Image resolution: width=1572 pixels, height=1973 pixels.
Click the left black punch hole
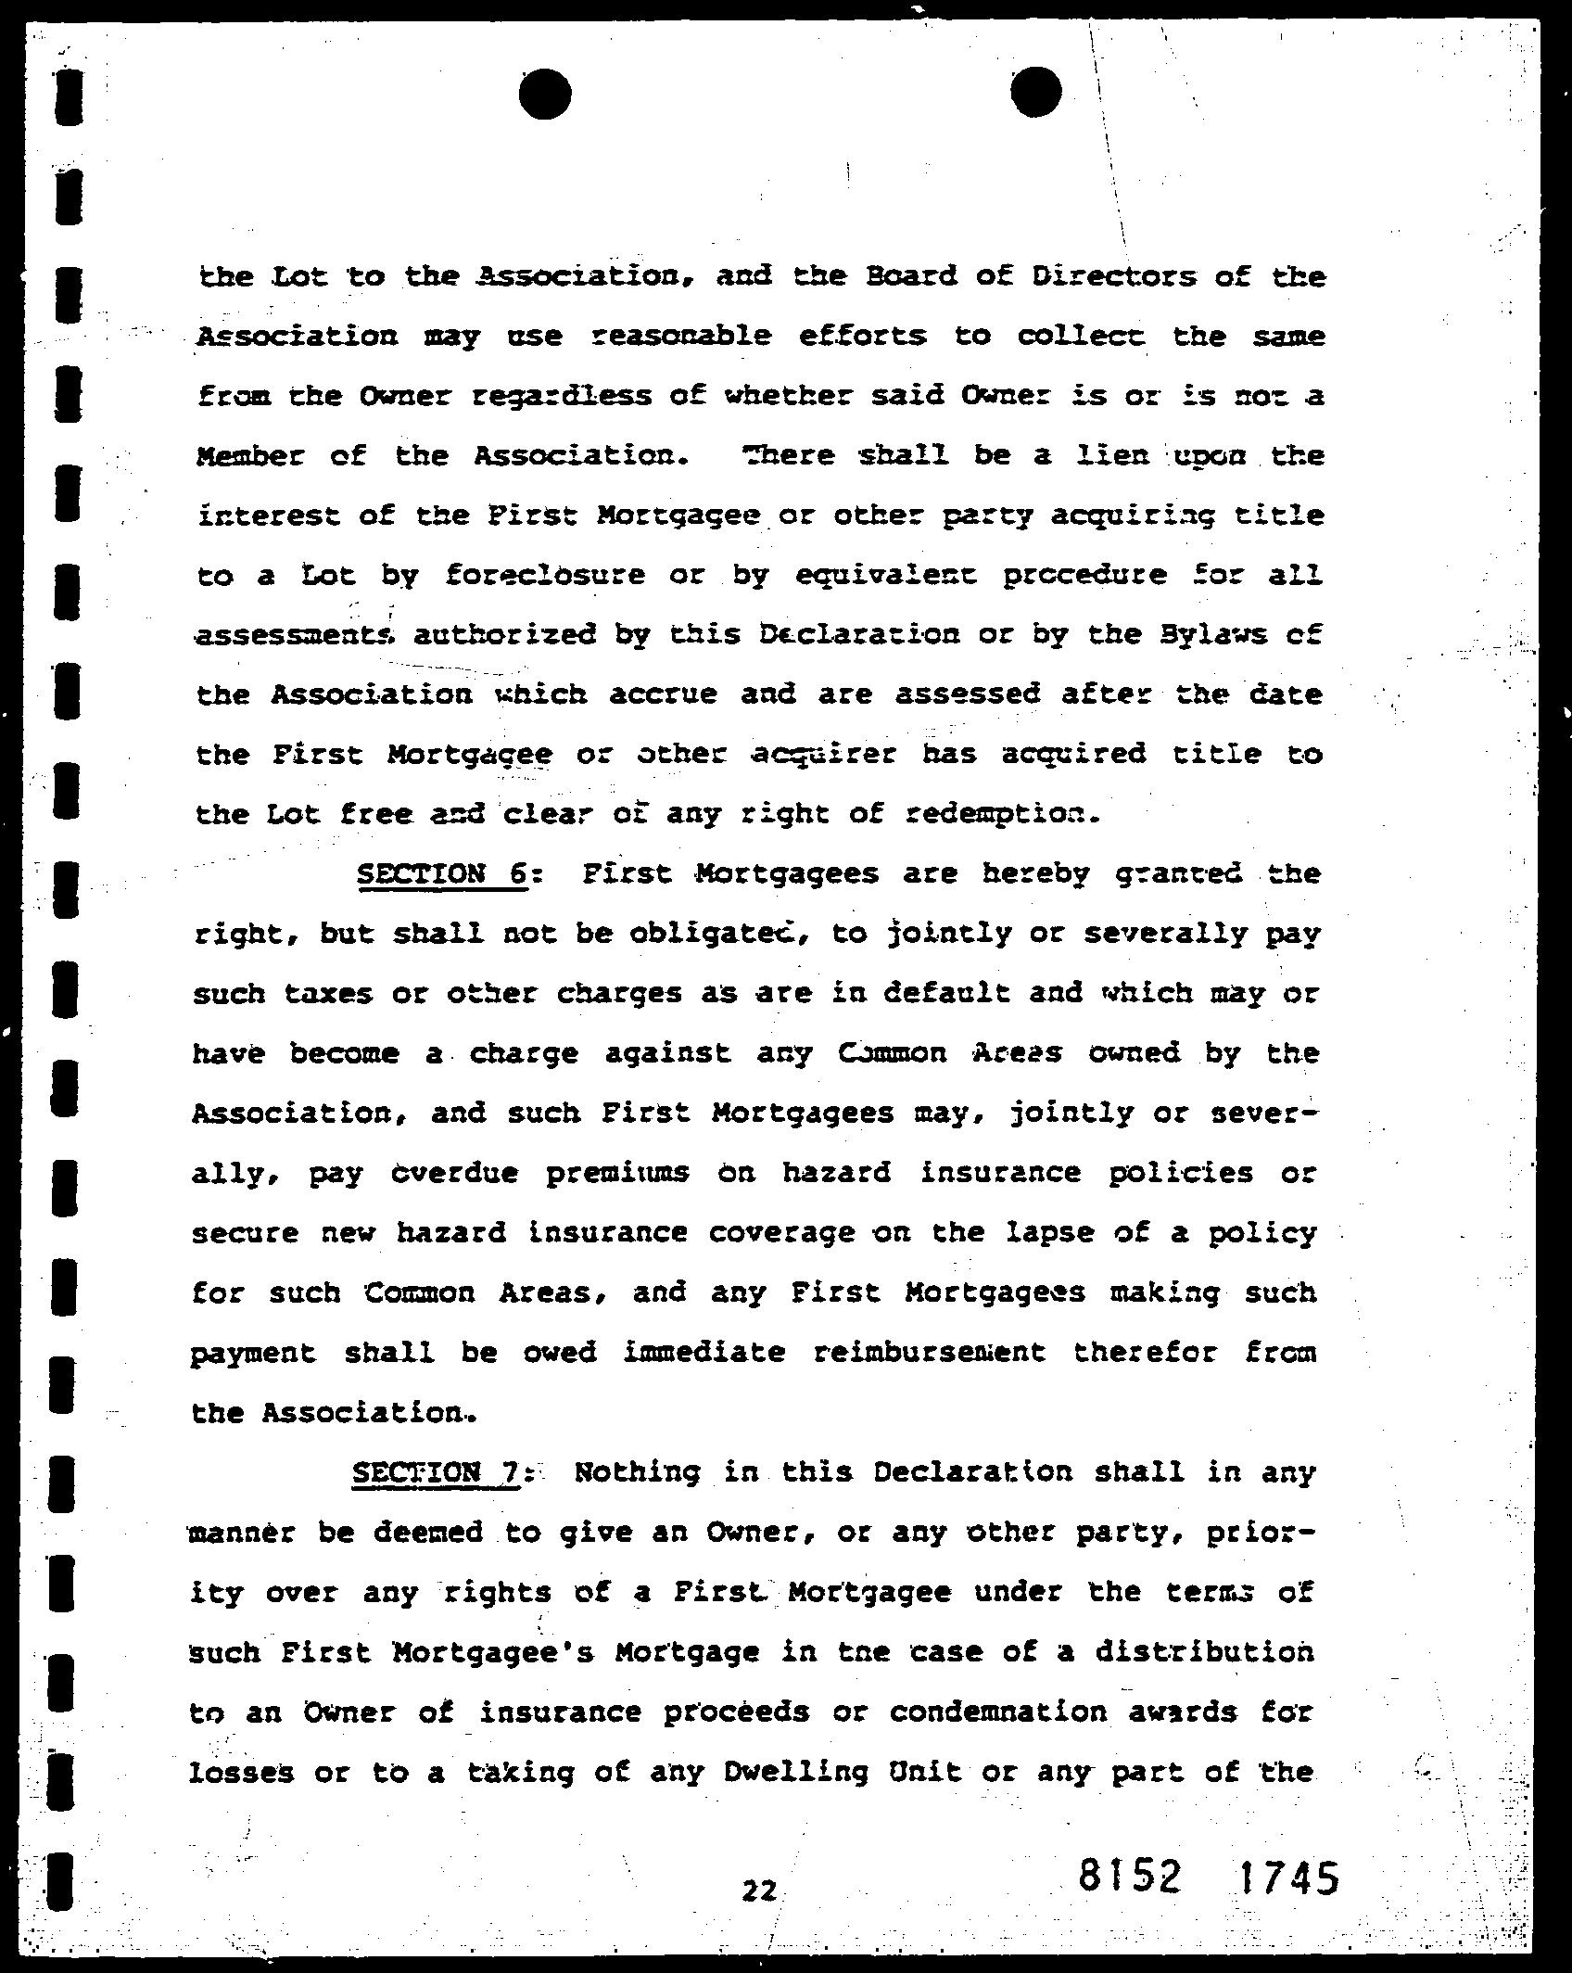(545, 95)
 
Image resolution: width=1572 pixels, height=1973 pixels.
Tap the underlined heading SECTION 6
(441, 874)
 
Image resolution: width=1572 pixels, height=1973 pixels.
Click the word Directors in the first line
(1113, 277)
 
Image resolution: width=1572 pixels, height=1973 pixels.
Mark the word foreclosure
(545, 576)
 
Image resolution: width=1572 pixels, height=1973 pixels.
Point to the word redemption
(1006, 814)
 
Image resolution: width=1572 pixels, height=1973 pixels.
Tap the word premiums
(616, 1173)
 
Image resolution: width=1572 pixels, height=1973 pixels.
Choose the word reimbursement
(929, 1353)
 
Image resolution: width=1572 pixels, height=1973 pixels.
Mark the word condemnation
(998, 1712)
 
